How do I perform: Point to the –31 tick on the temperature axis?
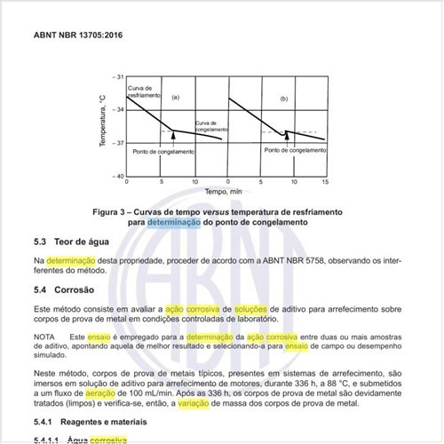(x=119, y=77)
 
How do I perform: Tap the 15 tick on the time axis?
(x=326, y=181)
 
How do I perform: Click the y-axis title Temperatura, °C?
(x=105, y=125)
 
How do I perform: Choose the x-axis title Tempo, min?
(x=223, y=191)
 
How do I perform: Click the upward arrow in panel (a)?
(x=174, y=136)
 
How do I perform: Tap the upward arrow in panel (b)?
(x=285, y=135)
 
